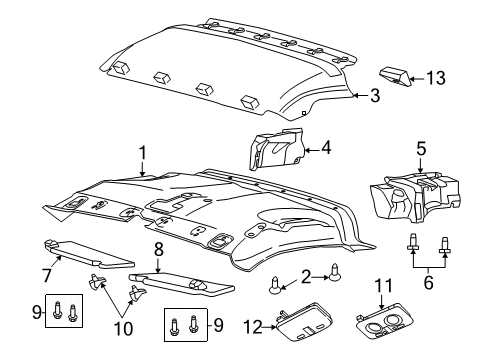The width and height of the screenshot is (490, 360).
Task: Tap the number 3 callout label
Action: (374, 96)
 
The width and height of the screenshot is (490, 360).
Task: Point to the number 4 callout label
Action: (325, 150)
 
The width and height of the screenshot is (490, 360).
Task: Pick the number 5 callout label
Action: (429, 283)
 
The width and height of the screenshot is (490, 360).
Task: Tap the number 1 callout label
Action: (143, 152)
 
